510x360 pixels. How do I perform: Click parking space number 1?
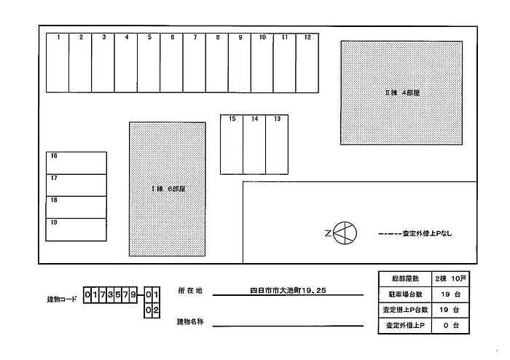click(58, 63)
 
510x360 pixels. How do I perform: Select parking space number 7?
click(195, 63)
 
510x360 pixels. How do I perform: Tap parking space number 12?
click(307, 63)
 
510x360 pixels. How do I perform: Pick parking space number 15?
click(232, 145)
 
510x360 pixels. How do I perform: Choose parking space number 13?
click(277, 145)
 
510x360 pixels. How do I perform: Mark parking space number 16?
click(76, 163)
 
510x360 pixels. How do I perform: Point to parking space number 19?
click(76, 230)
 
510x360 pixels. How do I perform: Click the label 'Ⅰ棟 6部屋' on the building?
click(168, 189)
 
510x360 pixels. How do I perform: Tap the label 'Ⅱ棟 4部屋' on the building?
click(402, 93)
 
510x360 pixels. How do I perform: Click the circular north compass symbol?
click(345, 233)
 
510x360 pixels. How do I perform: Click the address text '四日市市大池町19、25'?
click(288, 291)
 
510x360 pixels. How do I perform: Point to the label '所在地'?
click(190, 291)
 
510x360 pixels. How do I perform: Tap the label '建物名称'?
click(190, 321)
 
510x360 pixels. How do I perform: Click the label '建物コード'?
click(62, 300)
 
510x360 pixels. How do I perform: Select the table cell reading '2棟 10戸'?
click(450, 278)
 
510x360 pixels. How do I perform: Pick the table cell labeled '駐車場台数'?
click(405, 294)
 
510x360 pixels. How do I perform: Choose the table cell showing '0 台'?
click(450, 326)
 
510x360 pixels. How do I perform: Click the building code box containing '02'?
click(152, 310)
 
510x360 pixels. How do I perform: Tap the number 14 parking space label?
click(255, 119)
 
